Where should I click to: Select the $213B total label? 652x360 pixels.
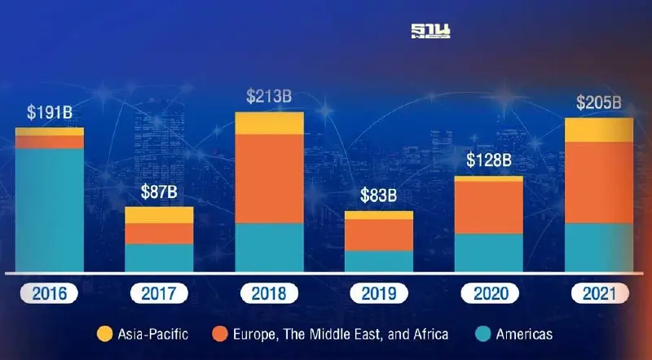[269, 97]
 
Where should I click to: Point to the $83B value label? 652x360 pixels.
[378, 195]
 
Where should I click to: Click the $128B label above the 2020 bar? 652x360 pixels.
[488, 160]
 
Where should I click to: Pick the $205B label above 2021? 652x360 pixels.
[599, 103]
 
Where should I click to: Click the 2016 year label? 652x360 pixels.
[49, 293]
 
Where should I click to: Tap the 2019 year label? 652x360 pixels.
[378, 293]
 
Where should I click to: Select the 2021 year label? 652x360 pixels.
[599, 293]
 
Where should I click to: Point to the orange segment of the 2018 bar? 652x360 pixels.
[269, 178]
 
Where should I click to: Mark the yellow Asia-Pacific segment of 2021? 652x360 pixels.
[599, 130]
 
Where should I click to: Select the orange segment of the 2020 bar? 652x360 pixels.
[488, 207]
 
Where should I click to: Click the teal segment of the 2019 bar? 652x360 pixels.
[378, 261]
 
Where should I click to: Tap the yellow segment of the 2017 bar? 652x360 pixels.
[158, 214]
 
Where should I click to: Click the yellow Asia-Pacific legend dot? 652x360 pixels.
[104, 334]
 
